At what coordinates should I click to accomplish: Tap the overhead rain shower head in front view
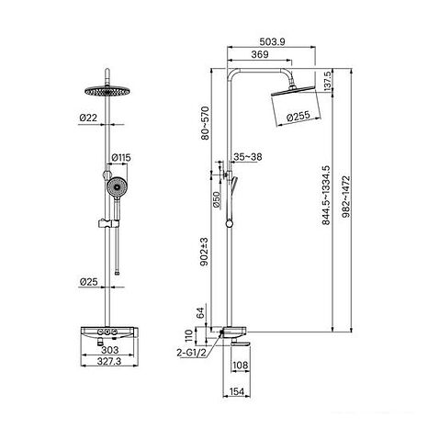(x=109, y=92)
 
